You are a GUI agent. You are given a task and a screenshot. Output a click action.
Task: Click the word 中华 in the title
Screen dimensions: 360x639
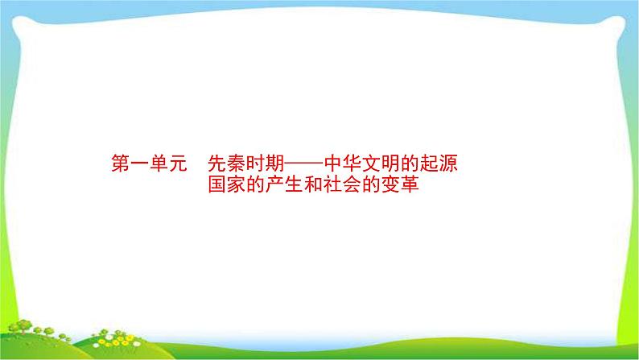pos(351,164)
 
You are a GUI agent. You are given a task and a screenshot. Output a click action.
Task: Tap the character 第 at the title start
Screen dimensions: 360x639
pos(117,164)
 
